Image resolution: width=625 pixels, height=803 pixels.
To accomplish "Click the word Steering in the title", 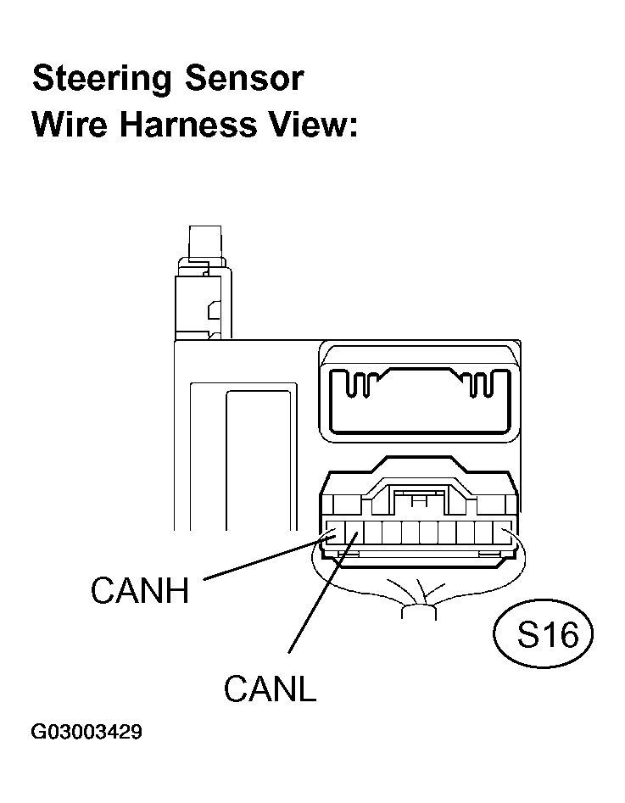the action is coord(102,81).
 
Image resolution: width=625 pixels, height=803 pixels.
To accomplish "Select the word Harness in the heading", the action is coord(188,125).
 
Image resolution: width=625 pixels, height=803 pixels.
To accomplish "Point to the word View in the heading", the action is coord(311,125).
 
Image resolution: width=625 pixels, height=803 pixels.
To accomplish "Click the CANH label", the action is coord(140,590).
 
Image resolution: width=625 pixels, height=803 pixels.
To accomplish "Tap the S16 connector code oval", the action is coord(543,634).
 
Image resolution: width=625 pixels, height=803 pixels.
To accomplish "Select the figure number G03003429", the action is coord(86,732).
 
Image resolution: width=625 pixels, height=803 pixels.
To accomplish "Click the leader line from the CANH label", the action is coord(269,558).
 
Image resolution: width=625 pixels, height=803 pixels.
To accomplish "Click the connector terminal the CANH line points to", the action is coord(336,533).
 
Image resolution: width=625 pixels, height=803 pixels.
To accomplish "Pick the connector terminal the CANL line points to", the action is coord(354,533).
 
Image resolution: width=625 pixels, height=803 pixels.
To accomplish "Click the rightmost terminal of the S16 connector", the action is coord(502,533).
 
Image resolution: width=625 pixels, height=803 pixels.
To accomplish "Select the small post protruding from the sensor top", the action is coord(205,243).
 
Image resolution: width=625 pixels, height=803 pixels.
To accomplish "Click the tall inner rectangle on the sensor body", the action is coord(259,460).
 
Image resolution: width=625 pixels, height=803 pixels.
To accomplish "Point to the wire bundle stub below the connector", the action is coord(419,612).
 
